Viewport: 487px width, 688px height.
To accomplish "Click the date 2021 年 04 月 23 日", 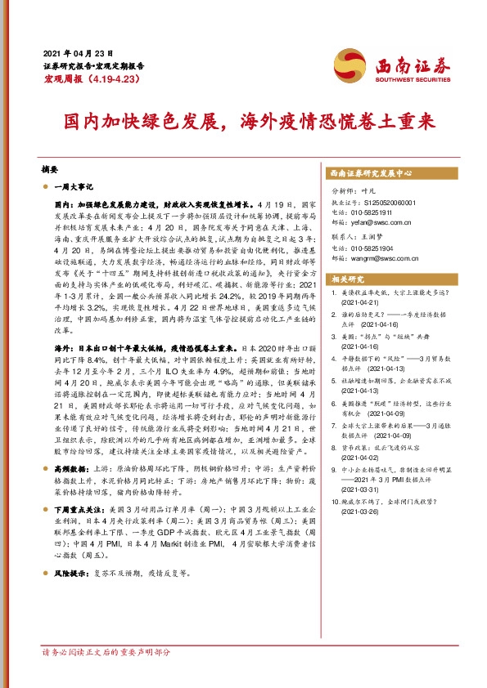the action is click(77, 51).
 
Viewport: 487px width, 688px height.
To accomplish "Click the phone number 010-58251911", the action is click(374, 211).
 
